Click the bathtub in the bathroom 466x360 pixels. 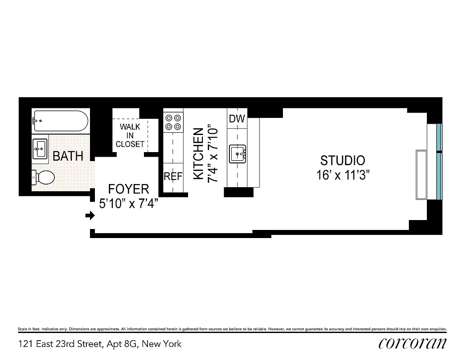[x=60, y=121]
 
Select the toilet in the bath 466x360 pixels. [x=44, y=177]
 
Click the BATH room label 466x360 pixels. [x=68, y=156]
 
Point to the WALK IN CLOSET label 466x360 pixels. [x=130, y=135]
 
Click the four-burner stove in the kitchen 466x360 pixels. [x=173, y=121]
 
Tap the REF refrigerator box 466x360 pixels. [x=173, y=176]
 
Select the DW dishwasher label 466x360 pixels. [x=237, y=119]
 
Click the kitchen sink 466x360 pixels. [x=237, y=154]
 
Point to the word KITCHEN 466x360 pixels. [x=198, y=154]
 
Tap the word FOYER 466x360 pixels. [x=129, y=189]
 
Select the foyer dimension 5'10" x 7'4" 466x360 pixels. [x=129, y=203]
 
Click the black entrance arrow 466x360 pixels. [x=90, y=216]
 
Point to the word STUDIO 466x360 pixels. [x=342, y=160]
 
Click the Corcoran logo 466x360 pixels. [x=412, y=343]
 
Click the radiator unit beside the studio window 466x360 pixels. [x=421, y=175]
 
